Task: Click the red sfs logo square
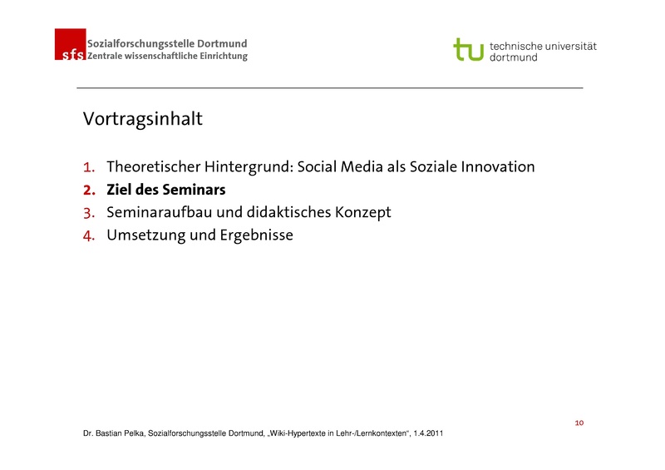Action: click(x=70, y=44)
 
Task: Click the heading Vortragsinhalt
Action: click(x=142, y=119)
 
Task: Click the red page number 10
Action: click(x=579, y=423)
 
